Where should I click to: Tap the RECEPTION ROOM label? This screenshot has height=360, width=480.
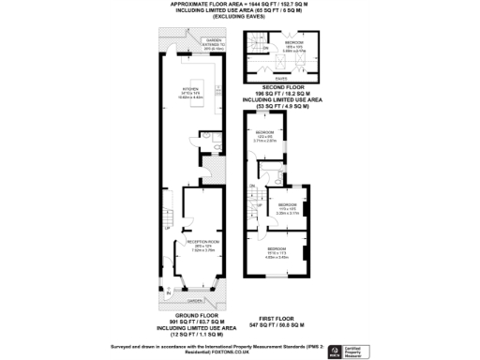(x=190, y=243)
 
